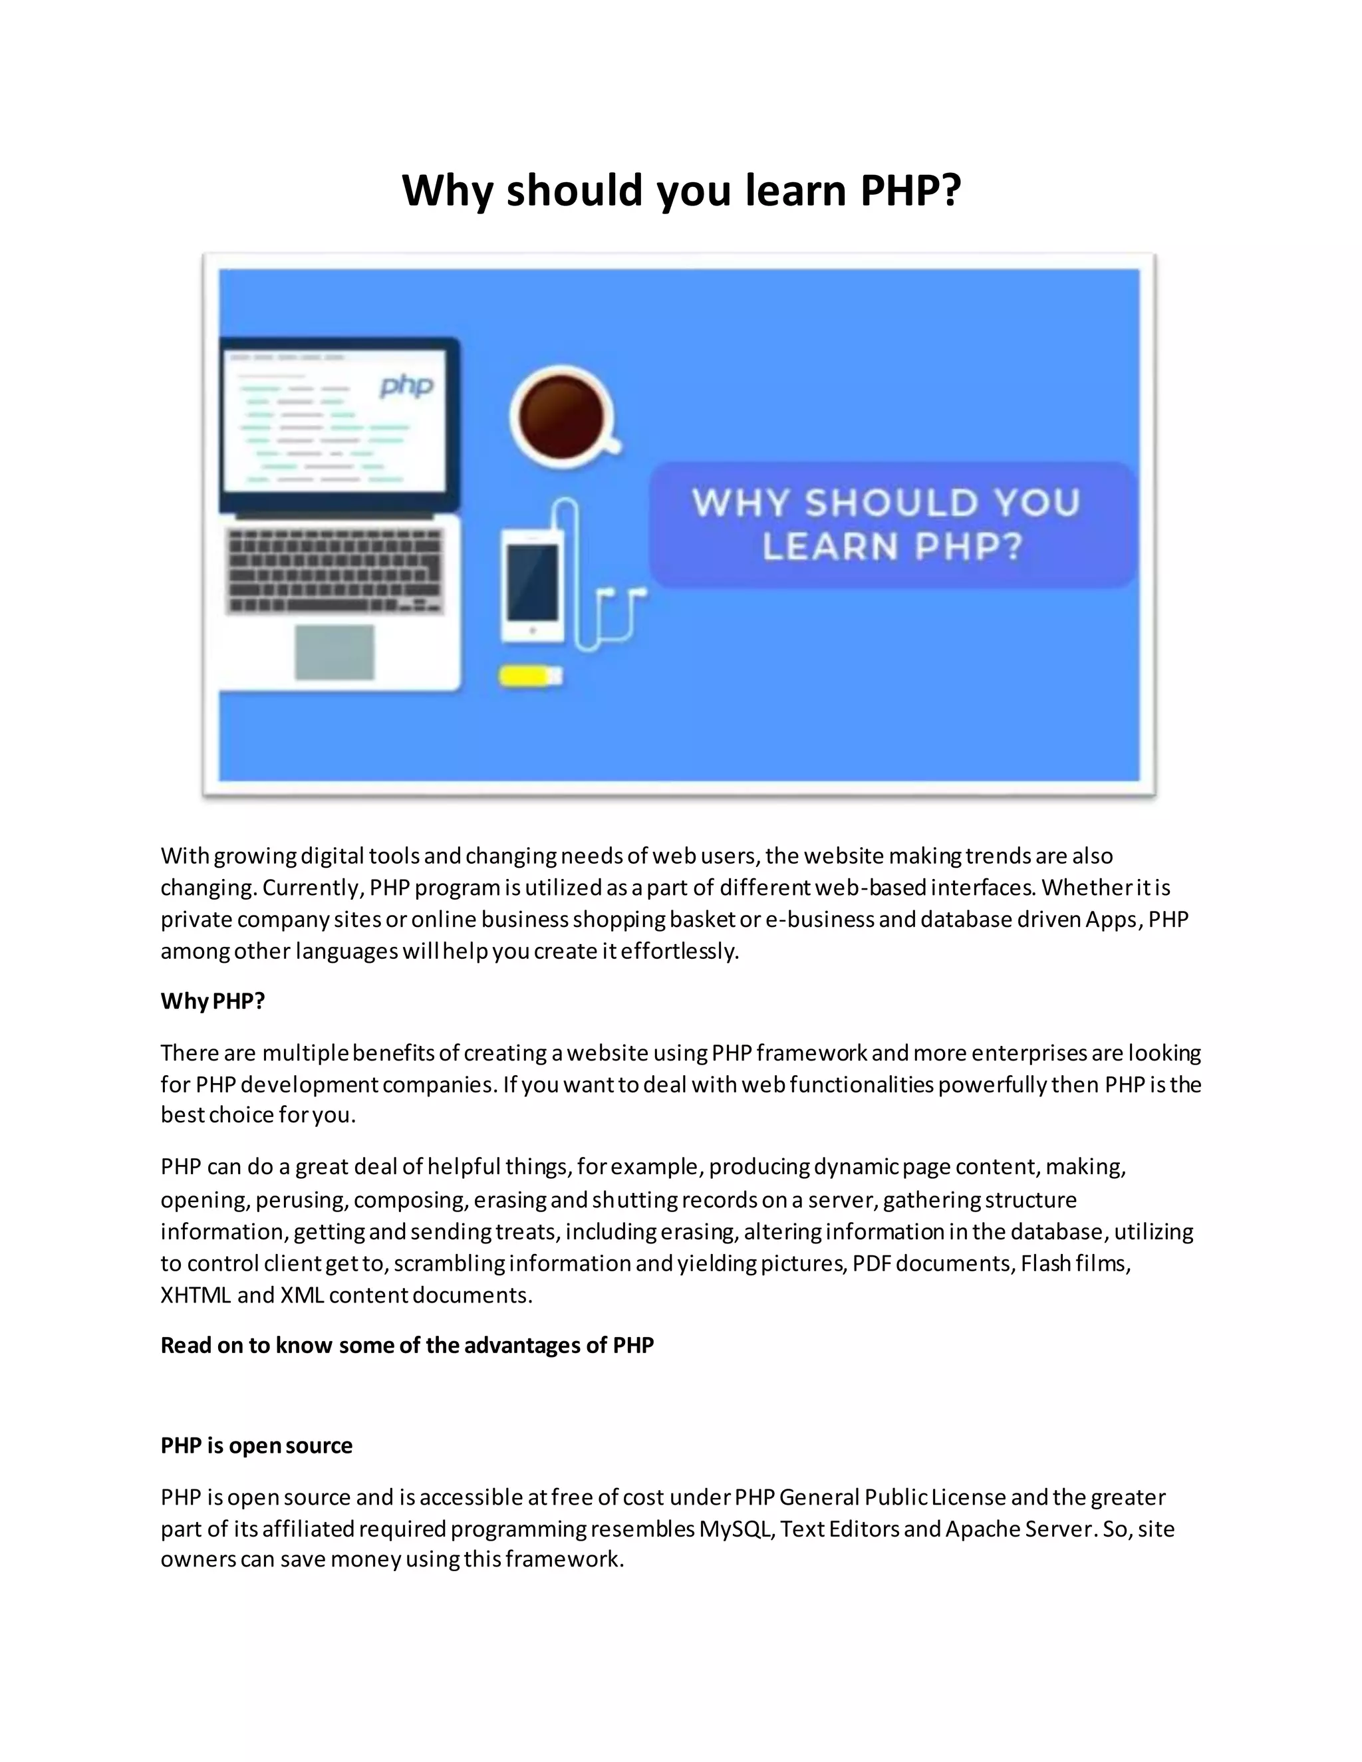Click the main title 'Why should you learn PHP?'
[681, 190]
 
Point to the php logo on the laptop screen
[408, 386]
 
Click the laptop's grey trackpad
[334, 652]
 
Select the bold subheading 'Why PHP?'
[213, 1001]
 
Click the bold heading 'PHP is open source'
[257, 1445]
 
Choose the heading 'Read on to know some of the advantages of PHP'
[408, 1345]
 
